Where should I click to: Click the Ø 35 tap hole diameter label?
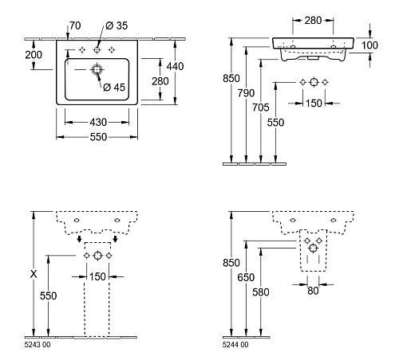point(117,25)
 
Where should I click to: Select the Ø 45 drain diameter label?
point(114,87)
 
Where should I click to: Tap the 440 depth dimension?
point(175,66)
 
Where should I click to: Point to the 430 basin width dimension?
point(98,123)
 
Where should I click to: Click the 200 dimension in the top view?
point(34,55)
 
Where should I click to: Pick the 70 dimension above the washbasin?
point(75,25)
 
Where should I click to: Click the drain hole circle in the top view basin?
point(97,70)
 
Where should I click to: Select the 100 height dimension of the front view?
point(369,45)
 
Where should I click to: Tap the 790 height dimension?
point(246,93)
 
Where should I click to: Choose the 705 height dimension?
point(261,108)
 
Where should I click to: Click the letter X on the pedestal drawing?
point(34,274)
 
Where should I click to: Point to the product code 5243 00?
point(38,345)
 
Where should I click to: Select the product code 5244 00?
point(235,345)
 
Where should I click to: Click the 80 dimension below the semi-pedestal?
point(313,291)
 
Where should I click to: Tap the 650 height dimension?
point(246,277)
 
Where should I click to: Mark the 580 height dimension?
point(261,292)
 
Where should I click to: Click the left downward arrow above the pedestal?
point(79,239)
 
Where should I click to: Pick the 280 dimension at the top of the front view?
point(313,21)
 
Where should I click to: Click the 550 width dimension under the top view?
point(98,137)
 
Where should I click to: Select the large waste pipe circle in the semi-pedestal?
point(313,249)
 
